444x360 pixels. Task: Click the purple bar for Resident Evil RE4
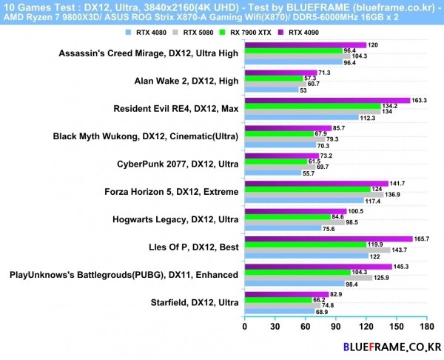326,100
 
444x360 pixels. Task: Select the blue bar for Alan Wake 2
271,90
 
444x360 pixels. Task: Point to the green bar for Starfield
277,300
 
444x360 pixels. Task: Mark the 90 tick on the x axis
335,325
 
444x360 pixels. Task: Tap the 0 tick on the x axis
244,325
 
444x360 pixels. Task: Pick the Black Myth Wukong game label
146,136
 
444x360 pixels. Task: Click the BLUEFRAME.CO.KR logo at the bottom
387,346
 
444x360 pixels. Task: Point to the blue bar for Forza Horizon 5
303,200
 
